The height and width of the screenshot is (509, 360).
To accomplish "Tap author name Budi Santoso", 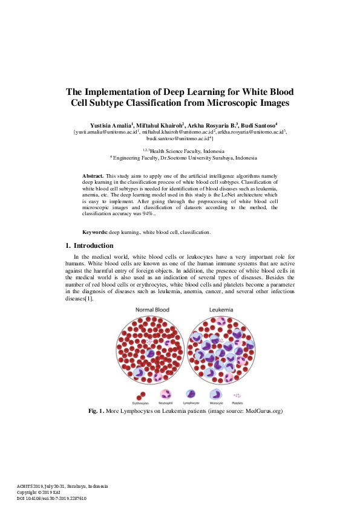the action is [258, 125].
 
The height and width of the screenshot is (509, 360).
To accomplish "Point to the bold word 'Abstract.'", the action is [93, 175].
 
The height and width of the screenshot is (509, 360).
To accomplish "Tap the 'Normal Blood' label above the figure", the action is [152, 310].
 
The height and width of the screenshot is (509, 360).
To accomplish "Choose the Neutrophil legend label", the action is [166, 402].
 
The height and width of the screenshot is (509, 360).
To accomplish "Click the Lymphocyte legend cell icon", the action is [191, 393].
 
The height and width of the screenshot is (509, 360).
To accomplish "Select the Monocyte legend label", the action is [216, 402].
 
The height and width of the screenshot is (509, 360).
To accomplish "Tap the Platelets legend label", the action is [237, 402].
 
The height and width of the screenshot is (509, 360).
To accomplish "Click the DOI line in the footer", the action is [51, 498].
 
